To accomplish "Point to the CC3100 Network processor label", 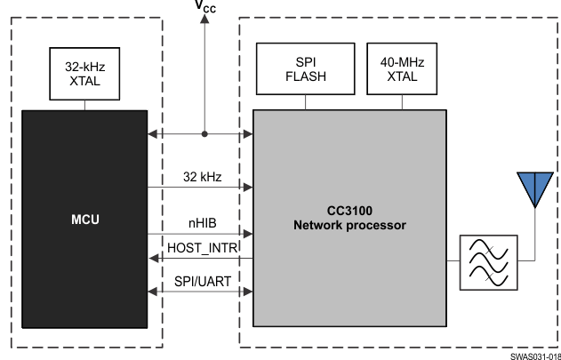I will (x=349, y=219).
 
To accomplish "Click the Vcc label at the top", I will (x=205, y=9).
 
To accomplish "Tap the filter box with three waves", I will (x=485, y=260).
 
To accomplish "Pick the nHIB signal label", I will (x=200, y=222).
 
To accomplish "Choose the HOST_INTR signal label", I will (x=201, y=246).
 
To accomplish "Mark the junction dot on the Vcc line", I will (x=205, y=135).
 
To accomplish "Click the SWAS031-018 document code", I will (x=534, y=355).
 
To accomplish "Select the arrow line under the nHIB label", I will (x=200, y=235).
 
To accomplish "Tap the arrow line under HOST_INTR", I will (x=200, y=259).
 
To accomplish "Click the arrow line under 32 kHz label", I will (x=200, y=188).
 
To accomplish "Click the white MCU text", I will (x=84, y=219).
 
